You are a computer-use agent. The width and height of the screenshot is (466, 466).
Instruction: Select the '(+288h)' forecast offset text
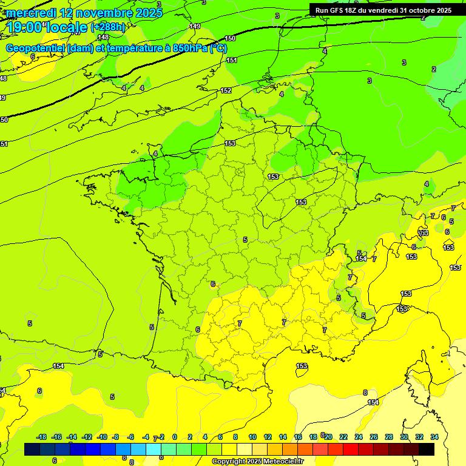tap(107, 27)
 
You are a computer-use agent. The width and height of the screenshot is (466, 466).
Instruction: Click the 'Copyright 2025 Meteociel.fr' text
tap(257, 461)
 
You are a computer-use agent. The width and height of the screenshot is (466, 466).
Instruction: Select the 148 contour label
tap(103, 37)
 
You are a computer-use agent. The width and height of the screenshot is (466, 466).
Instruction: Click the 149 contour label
tap(195, 26)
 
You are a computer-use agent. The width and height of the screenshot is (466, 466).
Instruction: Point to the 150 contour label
tap(231, 38)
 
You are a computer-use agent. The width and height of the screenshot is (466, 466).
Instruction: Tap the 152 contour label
tap(226, 90)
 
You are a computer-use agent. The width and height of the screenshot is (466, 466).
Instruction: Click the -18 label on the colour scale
tap(42, 437)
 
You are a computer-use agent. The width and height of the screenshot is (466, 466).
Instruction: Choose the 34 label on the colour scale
tap(434, 437)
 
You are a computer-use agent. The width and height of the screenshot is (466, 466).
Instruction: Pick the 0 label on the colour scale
tap(175, 437)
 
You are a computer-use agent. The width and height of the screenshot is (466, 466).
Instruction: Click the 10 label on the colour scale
tap(252, 437)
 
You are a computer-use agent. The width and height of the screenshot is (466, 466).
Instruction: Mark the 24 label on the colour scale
tap(359, 437)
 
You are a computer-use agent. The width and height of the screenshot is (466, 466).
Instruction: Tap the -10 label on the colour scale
tap(102, 437)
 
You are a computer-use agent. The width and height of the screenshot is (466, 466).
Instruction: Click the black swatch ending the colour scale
tap(427, 449)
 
